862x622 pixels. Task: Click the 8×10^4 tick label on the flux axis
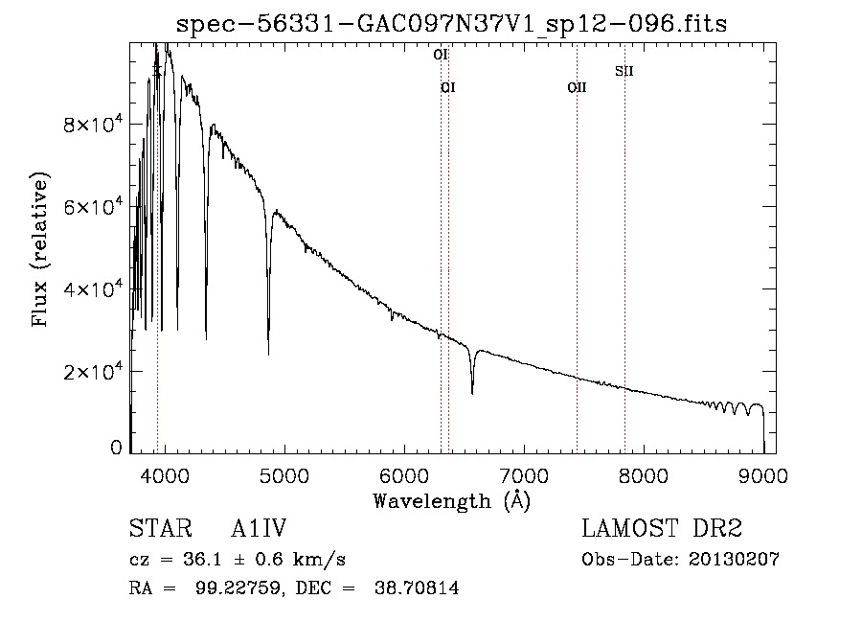coord(92,125)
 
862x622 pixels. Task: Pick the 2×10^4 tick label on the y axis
coord(92,371)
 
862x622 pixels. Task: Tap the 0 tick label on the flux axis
coord(117,448)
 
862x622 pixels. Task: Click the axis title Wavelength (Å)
coord(451,500)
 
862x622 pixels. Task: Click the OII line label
coord(577,88)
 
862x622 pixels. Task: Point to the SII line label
coord(624,71)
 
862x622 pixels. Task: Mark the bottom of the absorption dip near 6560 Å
coord(472,392)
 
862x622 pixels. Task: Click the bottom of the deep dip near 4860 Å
coord(268,354)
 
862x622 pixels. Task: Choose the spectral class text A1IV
coord(259,530)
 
